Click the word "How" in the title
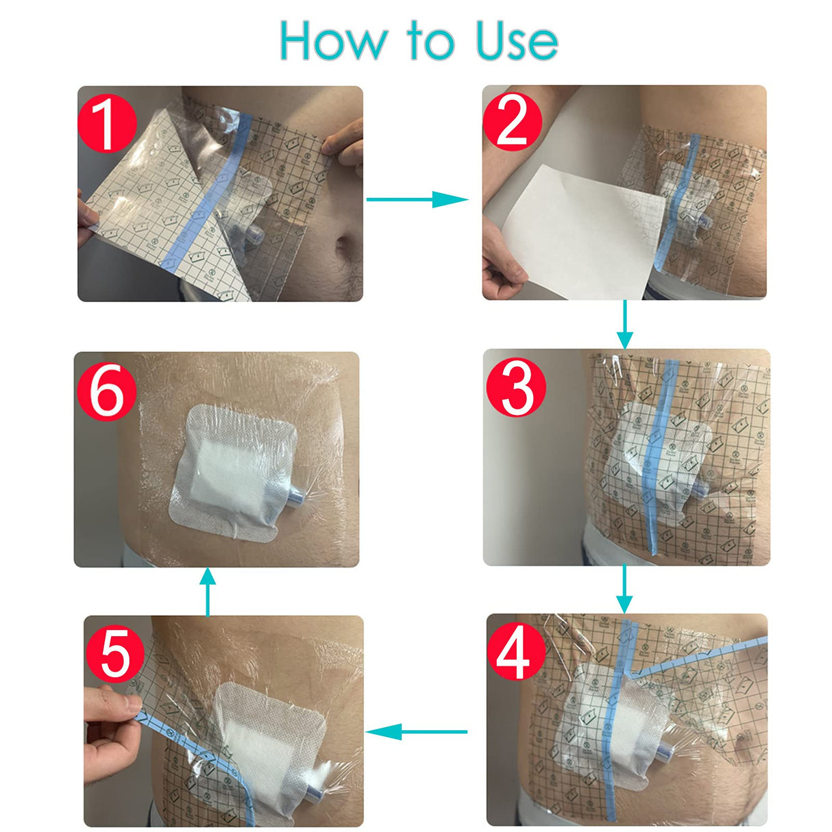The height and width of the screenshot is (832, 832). [332, 41]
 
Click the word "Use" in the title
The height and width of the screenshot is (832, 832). [517, 41]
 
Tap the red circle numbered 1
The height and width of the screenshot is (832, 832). [107, 124]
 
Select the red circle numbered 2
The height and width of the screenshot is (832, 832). [512, 122]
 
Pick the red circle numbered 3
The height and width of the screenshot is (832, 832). [515, 388]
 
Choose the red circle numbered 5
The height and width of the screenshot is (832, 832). [114, 654]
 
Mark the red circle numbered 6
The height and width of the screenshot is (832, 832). [106, 392]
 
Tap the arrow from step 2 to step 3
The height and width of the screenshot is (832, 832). [624, 325]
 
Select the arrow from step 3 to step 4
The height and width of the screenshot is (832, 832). [624, 589]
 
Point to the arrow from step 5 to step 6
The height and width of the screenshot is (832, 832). [208, 592]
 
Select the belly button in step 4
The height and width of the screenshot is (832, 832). [744, 741]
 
